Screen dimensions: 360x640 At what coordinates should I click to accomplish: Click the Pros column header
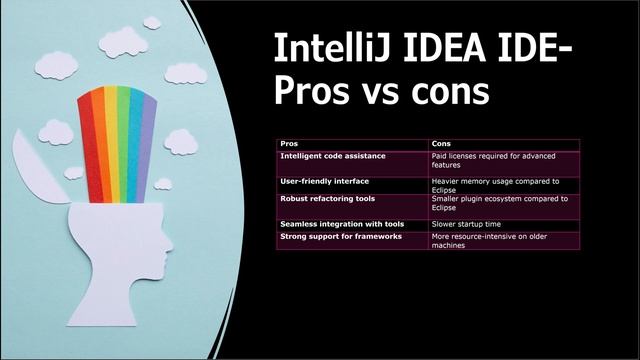(289, 144)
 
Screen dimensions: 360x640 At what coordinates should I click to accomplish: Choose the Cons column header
(440, 144)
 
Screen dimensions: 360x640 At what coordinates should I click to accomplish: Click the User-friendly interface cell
(325, 181)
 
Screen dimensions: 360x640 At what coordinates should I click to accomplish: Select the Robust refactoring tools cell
(327, 198)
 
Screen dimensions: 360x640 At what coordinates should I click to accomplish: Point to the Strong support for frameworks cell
(340, 236)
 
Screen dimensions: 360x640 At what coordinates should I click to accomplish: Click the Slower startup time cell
(466, 223)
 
